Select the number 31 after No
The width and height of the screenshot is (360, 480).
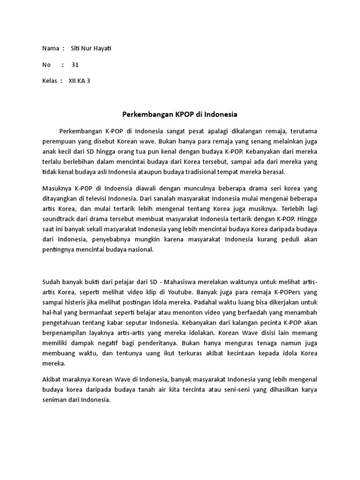click(75, 65)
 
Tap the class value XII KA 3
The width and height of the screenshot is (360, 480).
click(79, 81)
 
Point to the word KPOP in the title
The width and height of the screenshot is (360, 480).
click(186, 114)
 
